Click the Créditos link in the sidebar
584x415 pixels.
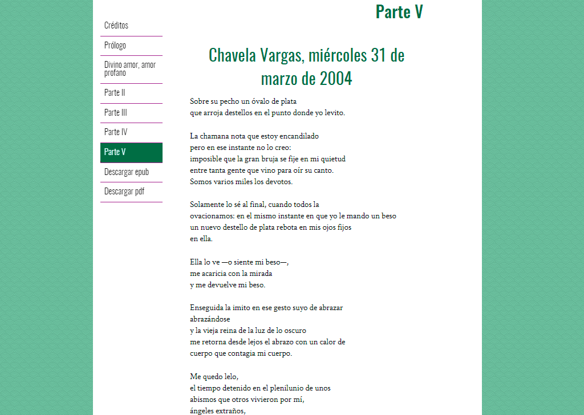[116, 26]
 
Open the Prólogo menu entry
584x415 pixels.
[115, 46]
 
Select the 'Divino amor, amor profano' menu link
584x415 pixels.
[130, 68]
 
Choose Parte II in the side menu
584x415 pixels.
[115, 93]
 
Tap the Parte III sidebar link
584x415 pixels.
[116, 113]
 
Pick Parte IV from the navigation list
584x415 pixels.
[116, 132]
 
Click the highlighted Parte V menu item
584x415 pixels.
[115, 152]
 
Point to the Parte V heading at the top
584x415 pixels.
[399, 11]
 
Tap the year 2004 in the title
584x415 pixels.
[336, 78]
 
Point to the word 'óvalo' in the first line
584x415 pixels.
[260, 101]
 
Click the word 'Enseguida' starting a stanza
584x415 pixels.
[206, 308]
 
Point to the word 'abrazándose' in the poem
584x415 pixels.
[210, 319]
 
